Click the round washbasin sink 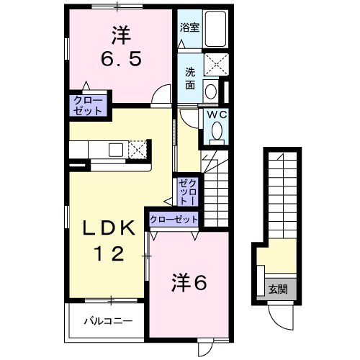point(210,91)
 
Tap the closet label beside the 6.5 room point(87,105)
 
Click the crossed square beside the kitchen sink point(138,149)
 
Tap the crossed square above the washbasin point(215,64)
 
